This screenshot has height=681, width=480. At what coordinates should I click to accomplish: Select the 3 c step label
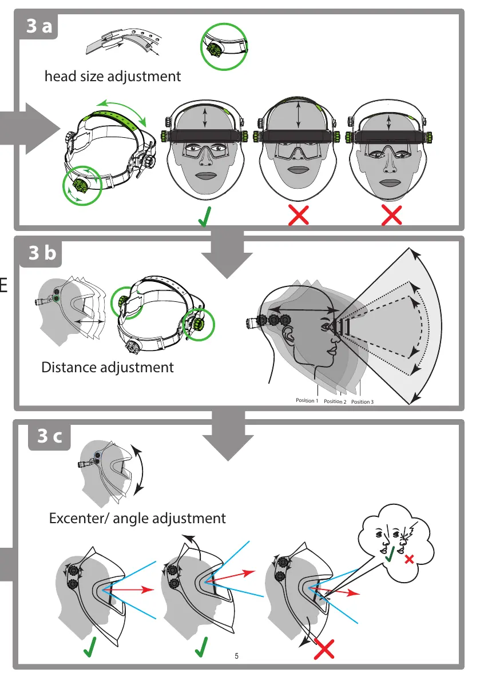tap(50, 437)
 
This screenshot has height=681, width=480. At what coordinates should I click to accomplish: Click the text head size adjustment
tap(113, 76)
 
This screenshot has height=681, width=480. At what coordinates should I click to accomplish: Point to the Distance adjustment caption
tap(108, 367)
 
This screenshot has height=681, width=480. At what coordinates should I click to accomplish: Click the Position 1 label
tap(307, 401)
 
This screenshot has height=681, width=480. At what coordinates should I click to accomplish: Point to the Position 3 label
tap(362, 402)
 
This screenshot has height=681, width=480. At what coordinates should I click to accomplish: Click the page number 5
tap(237, 656)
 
